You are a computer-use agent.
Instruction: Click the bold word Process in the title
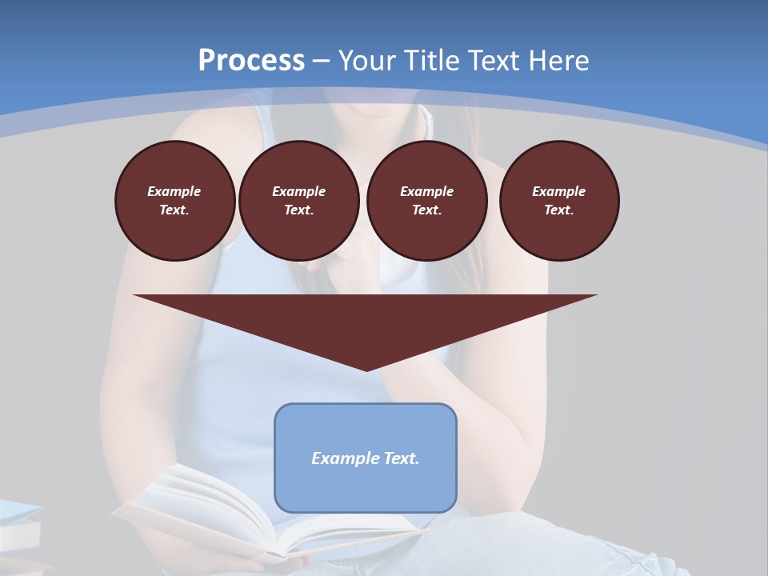point(251,61)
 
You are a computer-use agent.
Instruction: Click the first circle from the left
point(175,201)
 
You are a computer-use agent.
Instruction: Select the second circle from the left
point(299,201)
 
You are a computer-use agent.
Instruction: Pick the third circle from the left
point(427,201)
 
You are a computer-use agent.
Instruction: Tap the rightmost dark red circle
point(559,201)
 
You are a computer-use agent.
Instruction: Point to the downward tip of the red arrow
point(366,369)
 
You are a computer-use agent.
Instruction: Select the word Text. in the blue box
point(402,458)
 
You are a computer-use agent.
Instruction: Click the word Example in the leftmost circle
point(174,191)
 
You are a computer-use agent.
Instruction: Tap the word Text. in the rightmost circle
point(559,210)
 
